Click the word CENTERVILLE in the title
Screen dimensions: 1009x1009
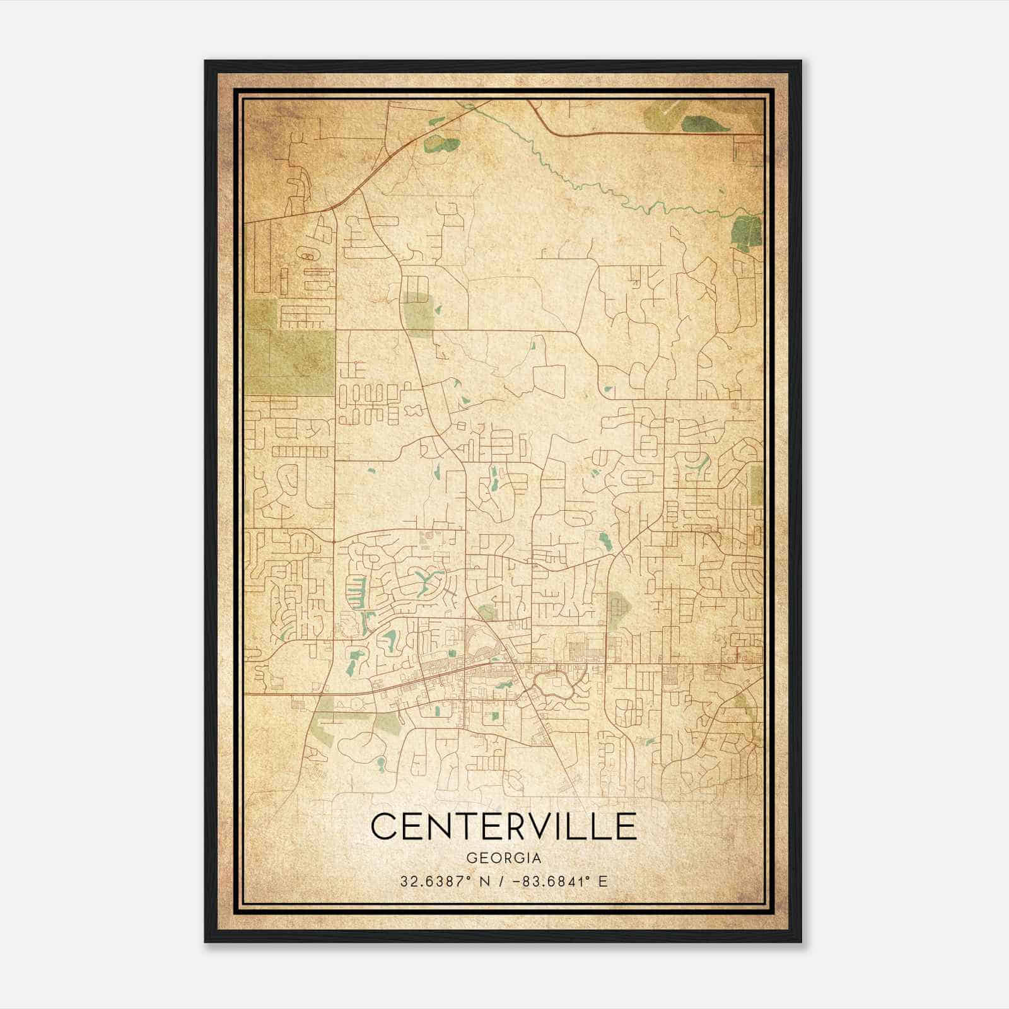point(503,826)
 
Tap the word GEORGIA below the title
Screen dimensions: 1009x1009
point(503,858)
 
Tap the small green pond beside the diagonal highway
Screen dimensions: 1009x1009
point(441,144)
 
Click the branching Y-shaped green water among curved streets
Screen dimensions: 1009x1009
point(424,577)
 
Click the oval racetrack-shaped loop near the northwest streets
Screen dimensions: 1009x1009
point(306,257)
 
